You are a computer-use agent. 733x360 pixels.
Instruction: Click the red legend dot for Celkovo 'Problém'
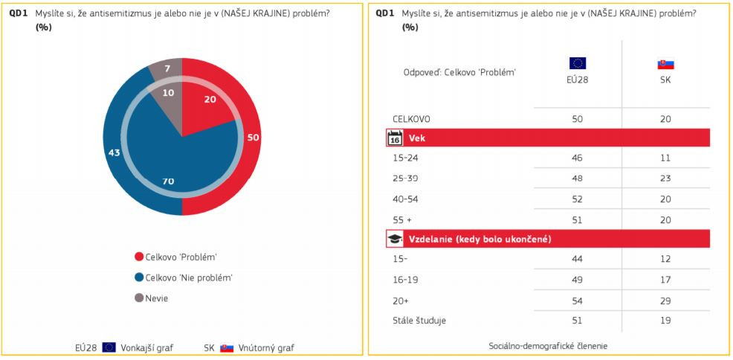pos(139,257)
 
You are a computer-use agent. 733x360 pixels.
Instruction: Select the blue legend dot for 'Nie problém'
pos(139,277)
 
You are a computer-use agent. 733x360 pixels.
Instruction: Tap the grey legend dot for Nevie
pos(139,298)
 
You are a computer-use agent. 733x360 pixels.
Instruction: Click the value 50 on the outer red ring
pos(254,138)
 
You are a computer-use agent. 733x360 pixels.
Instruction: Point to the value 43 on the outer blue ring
pos(114,152)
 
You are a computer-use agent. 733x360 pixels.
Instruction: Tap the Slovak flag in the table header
pos(665,64)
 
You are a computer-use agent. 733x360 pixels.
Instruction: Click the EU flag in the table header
pos(578,63)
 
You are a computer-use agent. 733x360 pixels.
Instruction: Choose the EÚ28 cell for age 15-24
pos(578,158)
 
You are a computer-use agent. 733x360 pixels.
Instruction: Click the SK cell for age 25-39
pos(665,179)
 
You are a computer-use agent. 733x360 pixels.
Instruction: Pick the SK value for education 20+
pos(665,300)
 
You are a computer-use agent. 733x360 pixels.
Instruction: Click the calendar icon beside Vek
pos(395,138)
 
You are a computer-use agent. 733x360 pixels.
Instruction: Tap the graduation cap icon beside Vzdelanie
pos(395,239)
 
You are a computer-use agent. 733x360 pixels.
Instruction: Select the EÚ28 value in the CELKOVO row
pos(578,119)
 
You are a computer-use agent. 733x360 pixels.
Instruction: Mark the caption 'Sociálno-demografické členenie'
pos(547,347)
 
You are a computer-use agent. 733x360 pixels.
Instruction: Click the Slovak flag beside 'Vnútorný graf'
pos(227,347)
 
